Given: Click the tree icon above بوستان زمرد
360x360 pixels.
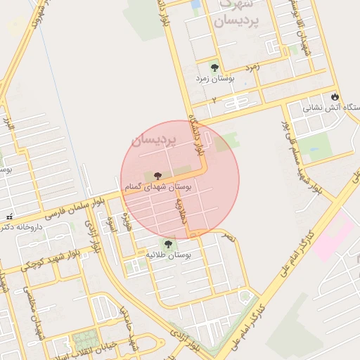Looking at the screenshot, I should [214, 67].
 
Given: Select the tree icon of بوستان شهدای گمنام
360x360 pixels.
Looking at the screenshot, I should [155, 176].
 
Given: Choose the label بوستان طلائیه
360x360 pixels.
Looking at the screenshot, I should [173, 256].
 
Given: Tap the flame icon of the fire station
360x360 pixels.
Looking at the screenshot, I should [334, 96].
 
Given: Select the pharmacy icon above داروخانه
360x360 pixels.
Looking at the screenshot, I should [8, 217].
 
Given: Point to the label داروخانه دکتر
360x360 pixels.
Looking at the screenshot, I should [21, 227].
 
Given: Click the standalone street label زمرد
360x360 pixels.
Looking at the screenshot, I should [252, 67].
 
